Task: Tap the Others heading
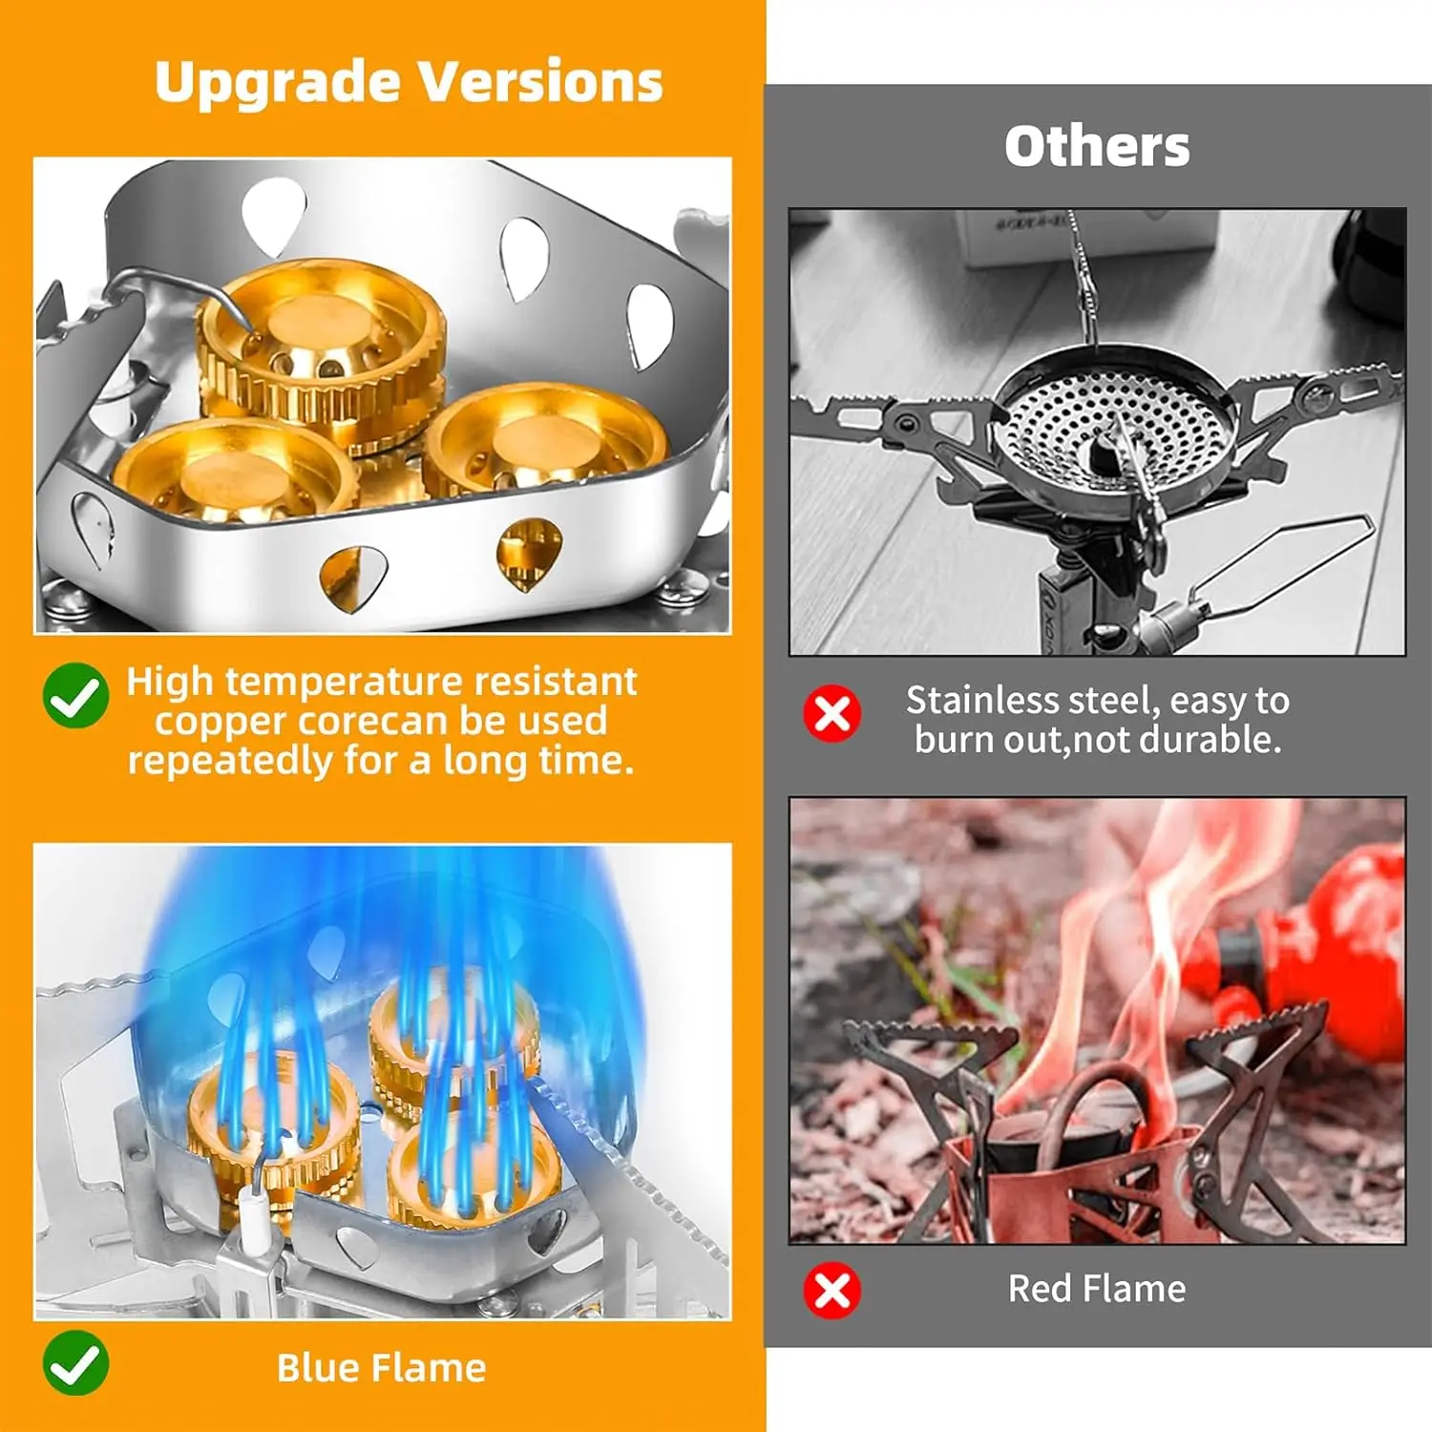[1097, 147]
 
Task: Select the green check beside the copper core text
[76, 696]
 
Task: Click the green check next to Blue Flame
[76, 1363]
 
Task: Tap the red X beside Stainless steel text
[832, 713]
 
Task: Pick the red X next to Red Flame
[832, 1290]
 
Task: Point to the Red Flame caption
[1097, 1289]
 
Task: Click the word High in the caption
[170, 682]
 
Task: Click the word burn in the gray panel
[954, 740]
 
